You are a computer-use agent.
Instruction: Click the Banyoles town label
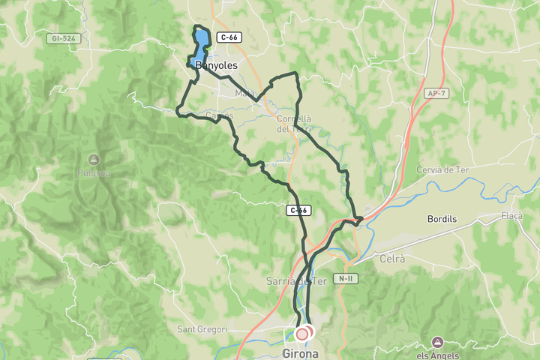coord(216,66)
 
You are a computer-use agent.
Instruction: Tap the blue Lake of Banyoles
coord(199,52)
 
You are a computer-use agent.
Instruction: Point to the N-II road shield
coord(345,279)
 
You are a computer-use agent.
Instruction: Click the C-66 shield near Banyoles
coord(228,37)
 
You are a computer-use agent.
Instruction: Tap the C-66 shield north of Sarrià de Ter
coord(298,211)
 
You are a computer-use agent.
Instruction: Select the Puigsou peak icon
coord(93,159)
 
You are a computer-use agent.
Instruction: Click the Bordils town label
coord(442,220)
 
